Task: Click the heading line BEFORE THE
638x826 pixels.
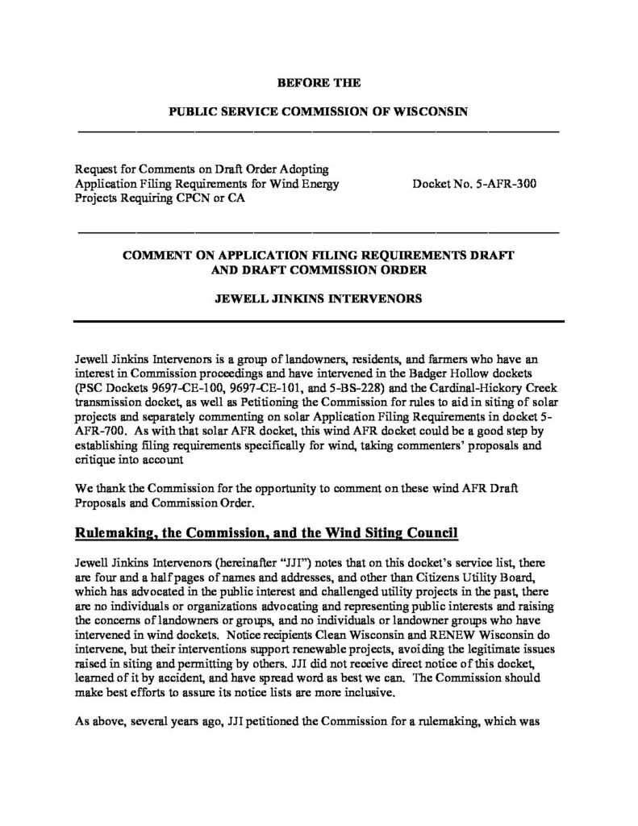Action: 319,82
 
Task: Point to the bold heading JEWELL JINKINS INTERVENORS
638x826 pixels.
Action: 319,298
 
